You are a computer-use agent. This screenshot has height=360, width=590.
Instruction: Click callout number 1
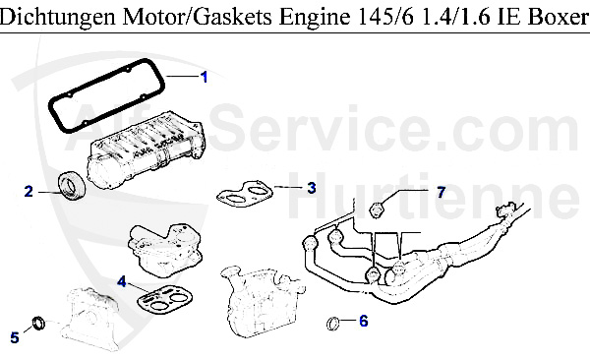205,76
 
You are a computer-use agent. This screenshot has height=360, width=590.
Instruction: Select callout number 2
29,191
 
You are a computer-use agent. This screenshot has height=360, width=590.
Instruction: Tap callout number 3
311,187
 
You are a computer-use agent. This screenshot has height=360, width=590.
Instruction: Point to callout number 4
122,281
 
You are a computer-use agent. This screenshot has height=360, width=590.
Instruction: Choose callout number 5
14,338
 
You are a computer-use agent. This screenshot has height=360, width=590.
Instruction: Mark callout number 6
363,321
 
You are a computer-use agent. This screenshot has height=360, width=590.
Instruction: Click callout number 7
441,192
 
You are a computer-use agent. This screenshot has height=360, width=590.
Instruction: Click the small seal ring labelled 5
40,322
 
